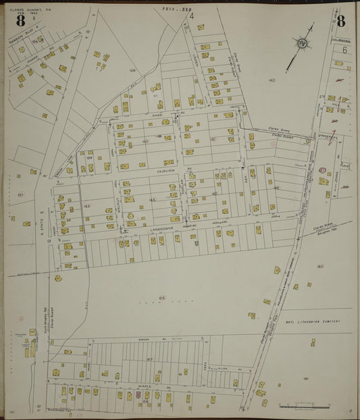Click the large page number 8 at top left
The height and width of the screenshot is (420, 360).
pyautogui.click(x=21, y=20)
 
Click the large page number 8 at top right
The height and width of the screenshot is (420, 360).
pyautogui.click(x=340, y=20)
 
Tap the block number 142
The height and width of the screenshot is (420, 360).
pyautogui.click(x=272, y=80)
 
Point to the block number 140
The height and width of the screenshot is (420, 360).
pyautogui.click(x=145, y=141)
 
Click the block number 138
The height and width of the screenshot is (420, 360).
pyautogui.click(x=133, y=70)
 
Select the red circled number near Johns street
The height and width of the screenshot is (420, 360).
pyautogui.click(x=322, y=170)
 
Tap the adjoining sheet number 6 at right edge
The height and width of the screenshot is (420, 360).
pyautogui.click(x=344, y=50)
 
